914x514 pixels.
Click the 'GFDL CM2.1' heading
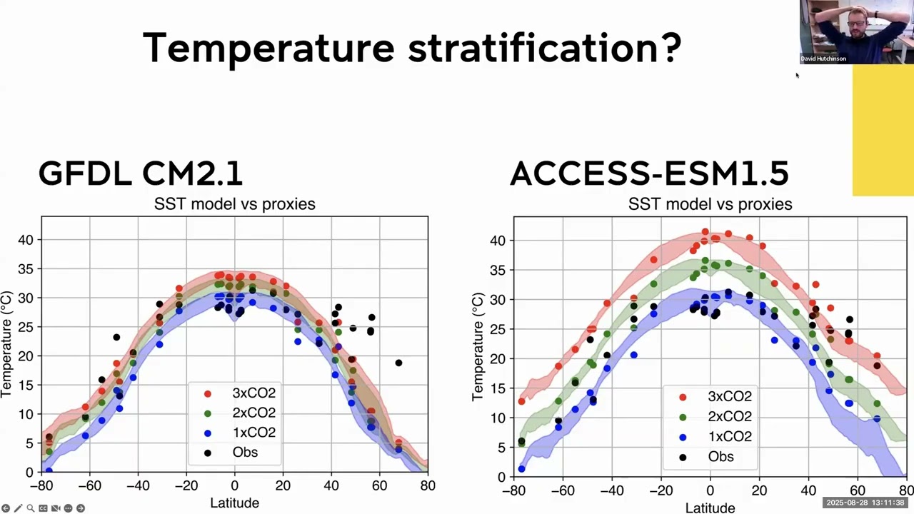click(141, 173)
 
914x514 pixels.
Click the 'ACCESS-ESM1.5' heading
click(649, 173)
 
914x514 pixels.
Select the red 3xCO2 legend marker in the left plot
click(208, 393)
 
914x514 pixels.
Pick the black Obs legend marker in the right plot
click(683, 457)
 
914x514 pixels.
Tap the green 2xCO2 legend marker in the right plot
click(683, 417)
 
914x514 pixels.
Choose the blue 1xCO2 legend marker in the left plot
click(208, 433)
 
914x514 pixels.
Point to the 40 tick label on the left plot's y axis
click(26, 240)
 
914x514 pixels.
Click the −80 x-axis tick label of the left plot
click(41, 486)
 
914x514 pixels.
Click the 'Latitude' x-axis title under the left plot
click(234, 503)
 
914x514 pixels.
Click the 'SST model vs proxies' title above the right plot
click(710, 204)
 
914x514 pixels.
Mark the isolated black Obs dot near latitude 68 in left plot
click(398, 363)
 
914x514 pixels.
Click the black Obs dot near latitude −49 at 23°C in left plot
click(116, 337)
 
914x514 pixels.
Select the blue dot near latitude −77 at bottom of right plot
click(522, 469)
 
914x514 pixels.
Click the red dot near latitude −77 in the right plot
click(522, 401)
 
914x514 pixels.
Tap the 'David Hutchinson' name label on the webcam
click(823, 59)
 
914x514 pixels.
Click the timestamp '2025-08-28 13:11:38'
click(865, 503)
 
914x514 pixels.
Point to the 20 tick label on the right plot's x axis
click(759, 491)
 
